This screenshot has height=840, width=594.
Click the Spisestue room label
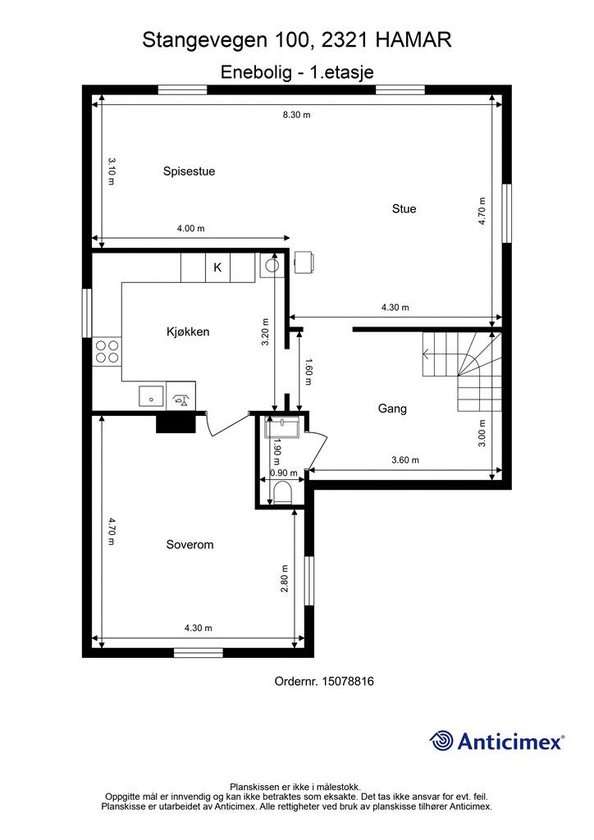click(189, 171)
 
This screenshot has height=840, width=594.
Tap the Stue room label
click(404, 208)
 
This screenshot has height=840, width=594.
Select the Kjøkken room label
click(188, 332)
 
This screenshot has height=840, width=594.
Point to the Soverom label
click(190, 544)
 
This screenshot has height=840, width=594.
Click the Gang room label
click(392, 408)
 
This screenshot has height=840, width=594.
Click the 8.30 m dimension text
click(296, 115)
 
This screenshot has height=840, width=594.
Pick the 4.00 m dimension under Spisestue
click(190, 229)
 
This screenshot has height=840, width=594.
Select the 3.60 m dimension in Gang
click(404, 460)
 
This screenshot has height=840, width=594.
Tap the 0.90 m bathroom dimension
click(283, 472)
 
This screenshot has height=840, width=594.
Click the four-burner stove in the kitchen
click(106, 352)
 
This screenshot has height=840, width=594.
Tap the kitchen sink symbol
click(151, 395)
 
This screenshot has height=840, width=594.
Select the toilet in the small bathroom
click(283, 492)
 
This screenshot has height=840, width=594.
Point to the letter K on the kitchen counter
click(217, 267)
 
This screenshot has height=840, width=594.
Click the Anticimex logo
click(497, 741)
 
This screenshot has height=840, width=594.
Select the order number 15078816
click(323, 681)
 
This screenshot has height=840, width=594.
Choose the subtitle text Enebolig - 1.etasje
click(297, 72)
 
